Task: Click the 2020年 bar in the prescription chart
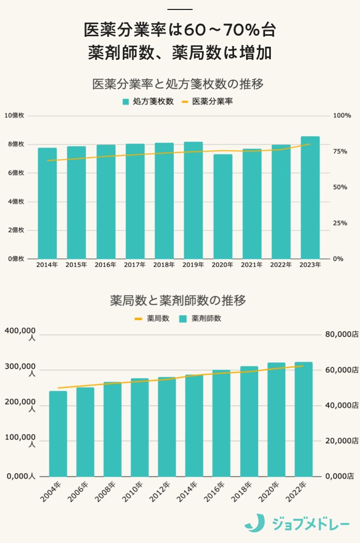coord(223,206)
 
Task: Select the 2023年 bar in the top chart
coord(310,197)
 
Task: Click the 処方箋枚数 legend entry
coord(148,101)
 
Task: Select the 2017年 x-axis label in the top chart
coord(135,265)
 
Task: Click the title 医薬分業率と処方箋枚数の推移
coord(177,84)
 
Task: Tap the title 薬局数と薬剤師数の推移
coord(178,301)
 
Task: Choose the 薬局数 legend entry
coord(152,318)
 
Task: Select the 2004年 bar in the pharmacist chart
coord(58,434)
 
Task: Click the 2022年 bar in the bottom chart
coord(303,419)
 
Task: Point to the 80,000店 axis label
coord(341,335)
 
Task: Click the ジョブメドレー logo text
coord(311,524)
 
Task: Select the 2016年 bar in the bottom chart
coord(221,423)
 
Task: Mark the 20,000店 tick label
coord(341,441)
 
